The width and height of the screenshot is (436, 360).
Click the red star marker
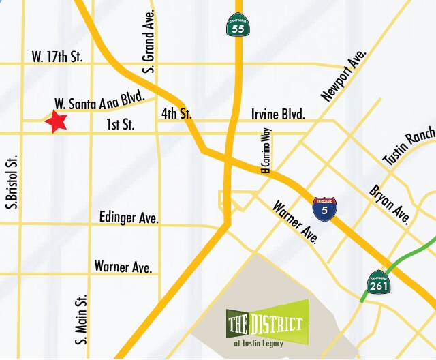pos(57,122)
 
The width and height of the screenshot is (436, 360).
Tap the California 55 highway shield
pos(238,24)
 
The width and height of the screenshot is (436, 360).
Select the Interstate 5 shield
pos(324,209)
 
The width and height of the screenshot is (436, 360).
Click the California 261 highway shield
pos(379,282)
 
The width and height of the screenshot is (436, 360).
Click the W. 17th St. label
pos(57,58)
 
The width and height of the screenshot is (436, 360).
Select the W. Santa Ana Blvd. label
pos(99,103)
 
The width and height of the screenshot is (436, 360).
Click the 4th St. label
pos(176,114)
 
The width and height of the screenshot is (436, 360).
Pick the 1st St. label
pos(121,125)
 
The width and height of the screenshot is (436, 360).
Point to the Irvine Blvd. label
pos(278,114)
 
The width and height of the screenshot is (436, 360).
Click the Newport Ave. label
pos(343,75)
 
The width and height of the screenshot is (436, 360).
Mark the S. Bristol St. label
pos(13,181)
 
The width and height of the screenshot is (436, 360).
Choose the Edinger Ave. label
pos(129,218)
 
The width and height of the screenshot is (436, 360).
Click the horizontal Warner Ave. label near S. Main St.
pos(123,266)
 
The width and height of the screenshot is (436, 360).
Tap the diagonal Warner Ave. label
pos(296,222)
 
